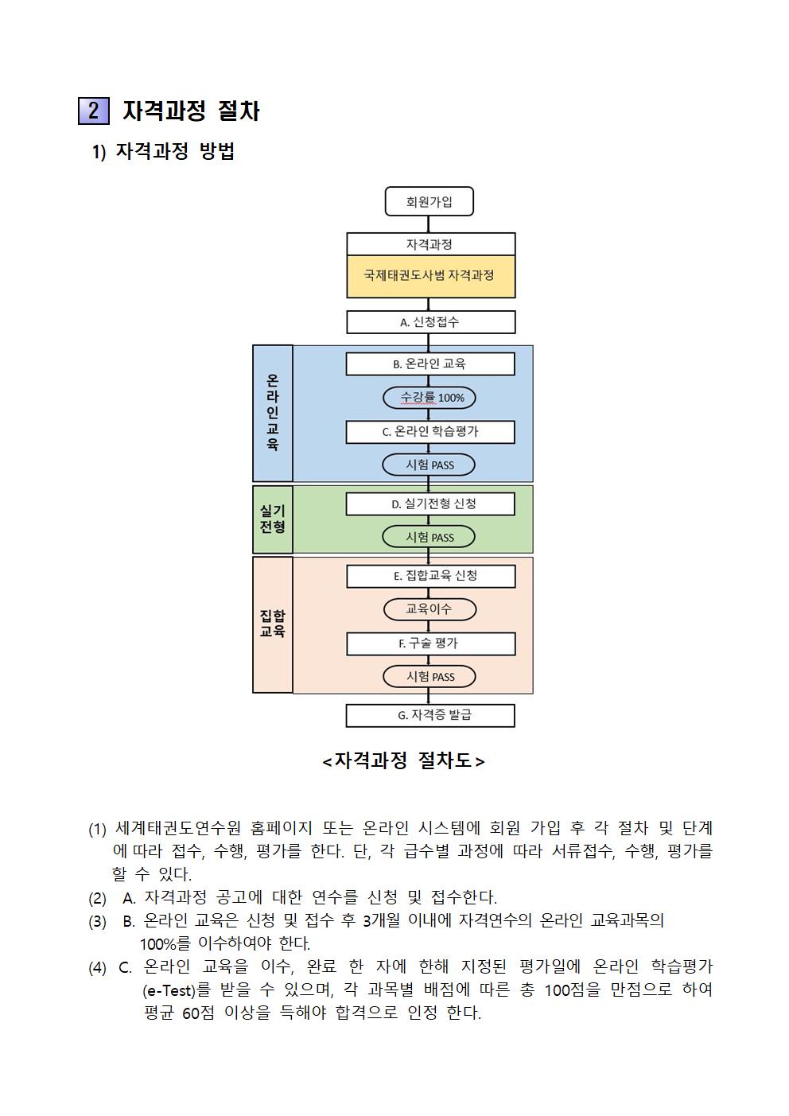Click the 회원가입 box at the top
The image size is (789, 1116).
tap(429, 201)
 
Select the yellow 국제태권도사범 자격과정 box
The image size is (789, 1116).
tap(431, 277)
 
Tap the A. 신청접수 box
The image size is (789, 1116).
tap(431, 322)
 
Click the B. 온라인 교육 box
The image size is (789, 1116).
tap(430, 364)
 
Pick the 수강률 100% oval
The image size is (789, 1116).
tap(429, 398)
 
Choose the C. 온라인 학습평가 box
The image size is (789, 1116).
tap(430, 432)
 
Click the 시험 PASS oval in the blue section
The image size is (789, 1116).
tap(429, 465)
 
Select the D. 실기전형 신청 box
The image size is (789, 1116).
tap(430, 504)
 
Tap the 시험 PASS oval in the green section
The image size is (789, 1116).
tap(429, 537)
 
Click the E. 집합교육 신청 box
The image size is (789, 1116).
tap(431, 576)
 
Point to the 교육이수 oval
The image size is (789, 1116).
tap(429, 609)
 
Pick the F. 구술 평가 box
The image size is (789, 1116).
tap(431, 644)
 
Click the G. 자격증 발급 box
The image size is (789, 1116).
tap(430, 715)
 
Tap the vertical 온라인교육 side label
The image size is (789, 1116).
tap(273, 413)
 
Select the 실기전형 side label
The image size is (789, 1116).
tap(273, 519)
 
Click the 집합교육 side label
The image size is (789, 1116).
tap(273, 624)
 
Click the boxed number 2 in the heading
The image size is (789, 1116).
tap(94, 111)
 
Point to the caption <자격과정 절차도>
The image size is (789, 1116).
tap(403, 761)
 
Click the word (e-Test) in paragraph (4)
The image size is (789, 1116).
tap(169, 991)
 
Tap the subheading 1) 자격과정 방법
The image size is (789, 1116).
tap(163, 151)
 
